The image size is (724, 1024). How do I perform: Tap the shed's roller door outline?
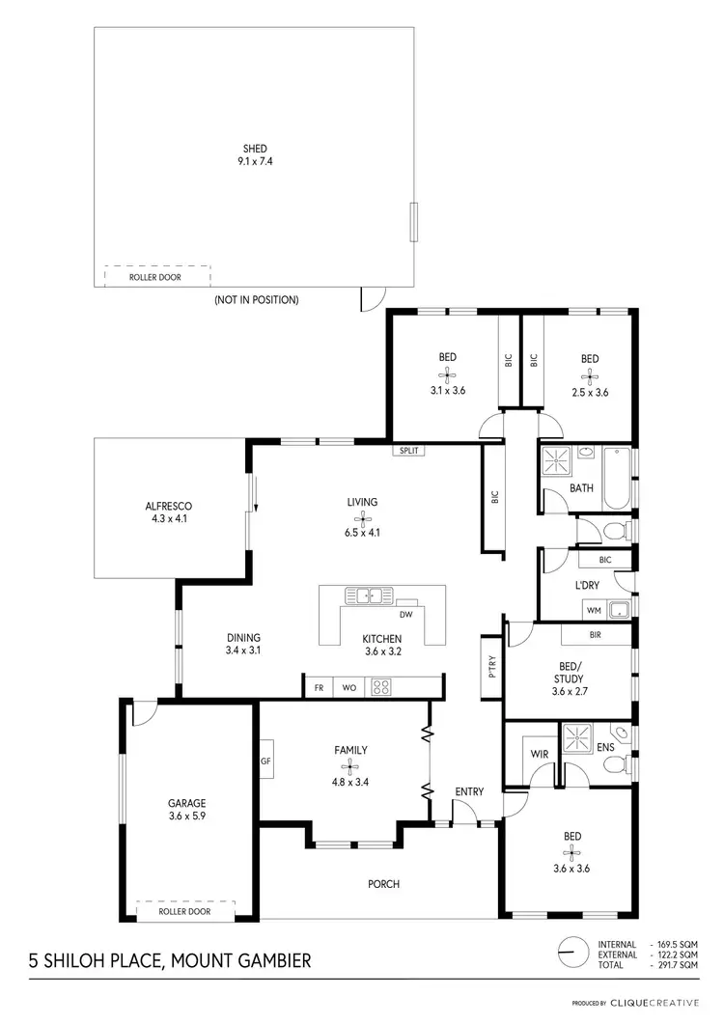[156, 276]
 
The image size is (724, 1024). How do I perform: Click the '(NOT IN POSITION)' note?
[256, 300]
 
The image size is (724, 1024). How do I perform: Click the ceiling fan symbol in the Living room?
[363, 518]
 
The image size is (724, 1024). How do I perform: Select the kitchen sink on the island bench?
[368, 595]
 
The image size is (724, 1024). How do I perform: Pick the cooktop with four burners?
[381, 688]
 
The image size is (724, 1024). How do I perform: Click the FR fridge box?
[318, 688]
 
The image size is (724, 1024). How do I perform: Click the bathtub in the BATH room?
[616, 479]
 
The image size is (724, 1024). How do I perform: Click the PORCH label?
[383, 883]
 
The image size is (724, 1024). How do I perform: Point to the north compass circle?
[571, 953]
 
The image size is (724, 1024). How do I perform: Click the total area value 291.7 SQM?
[676, 965]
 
